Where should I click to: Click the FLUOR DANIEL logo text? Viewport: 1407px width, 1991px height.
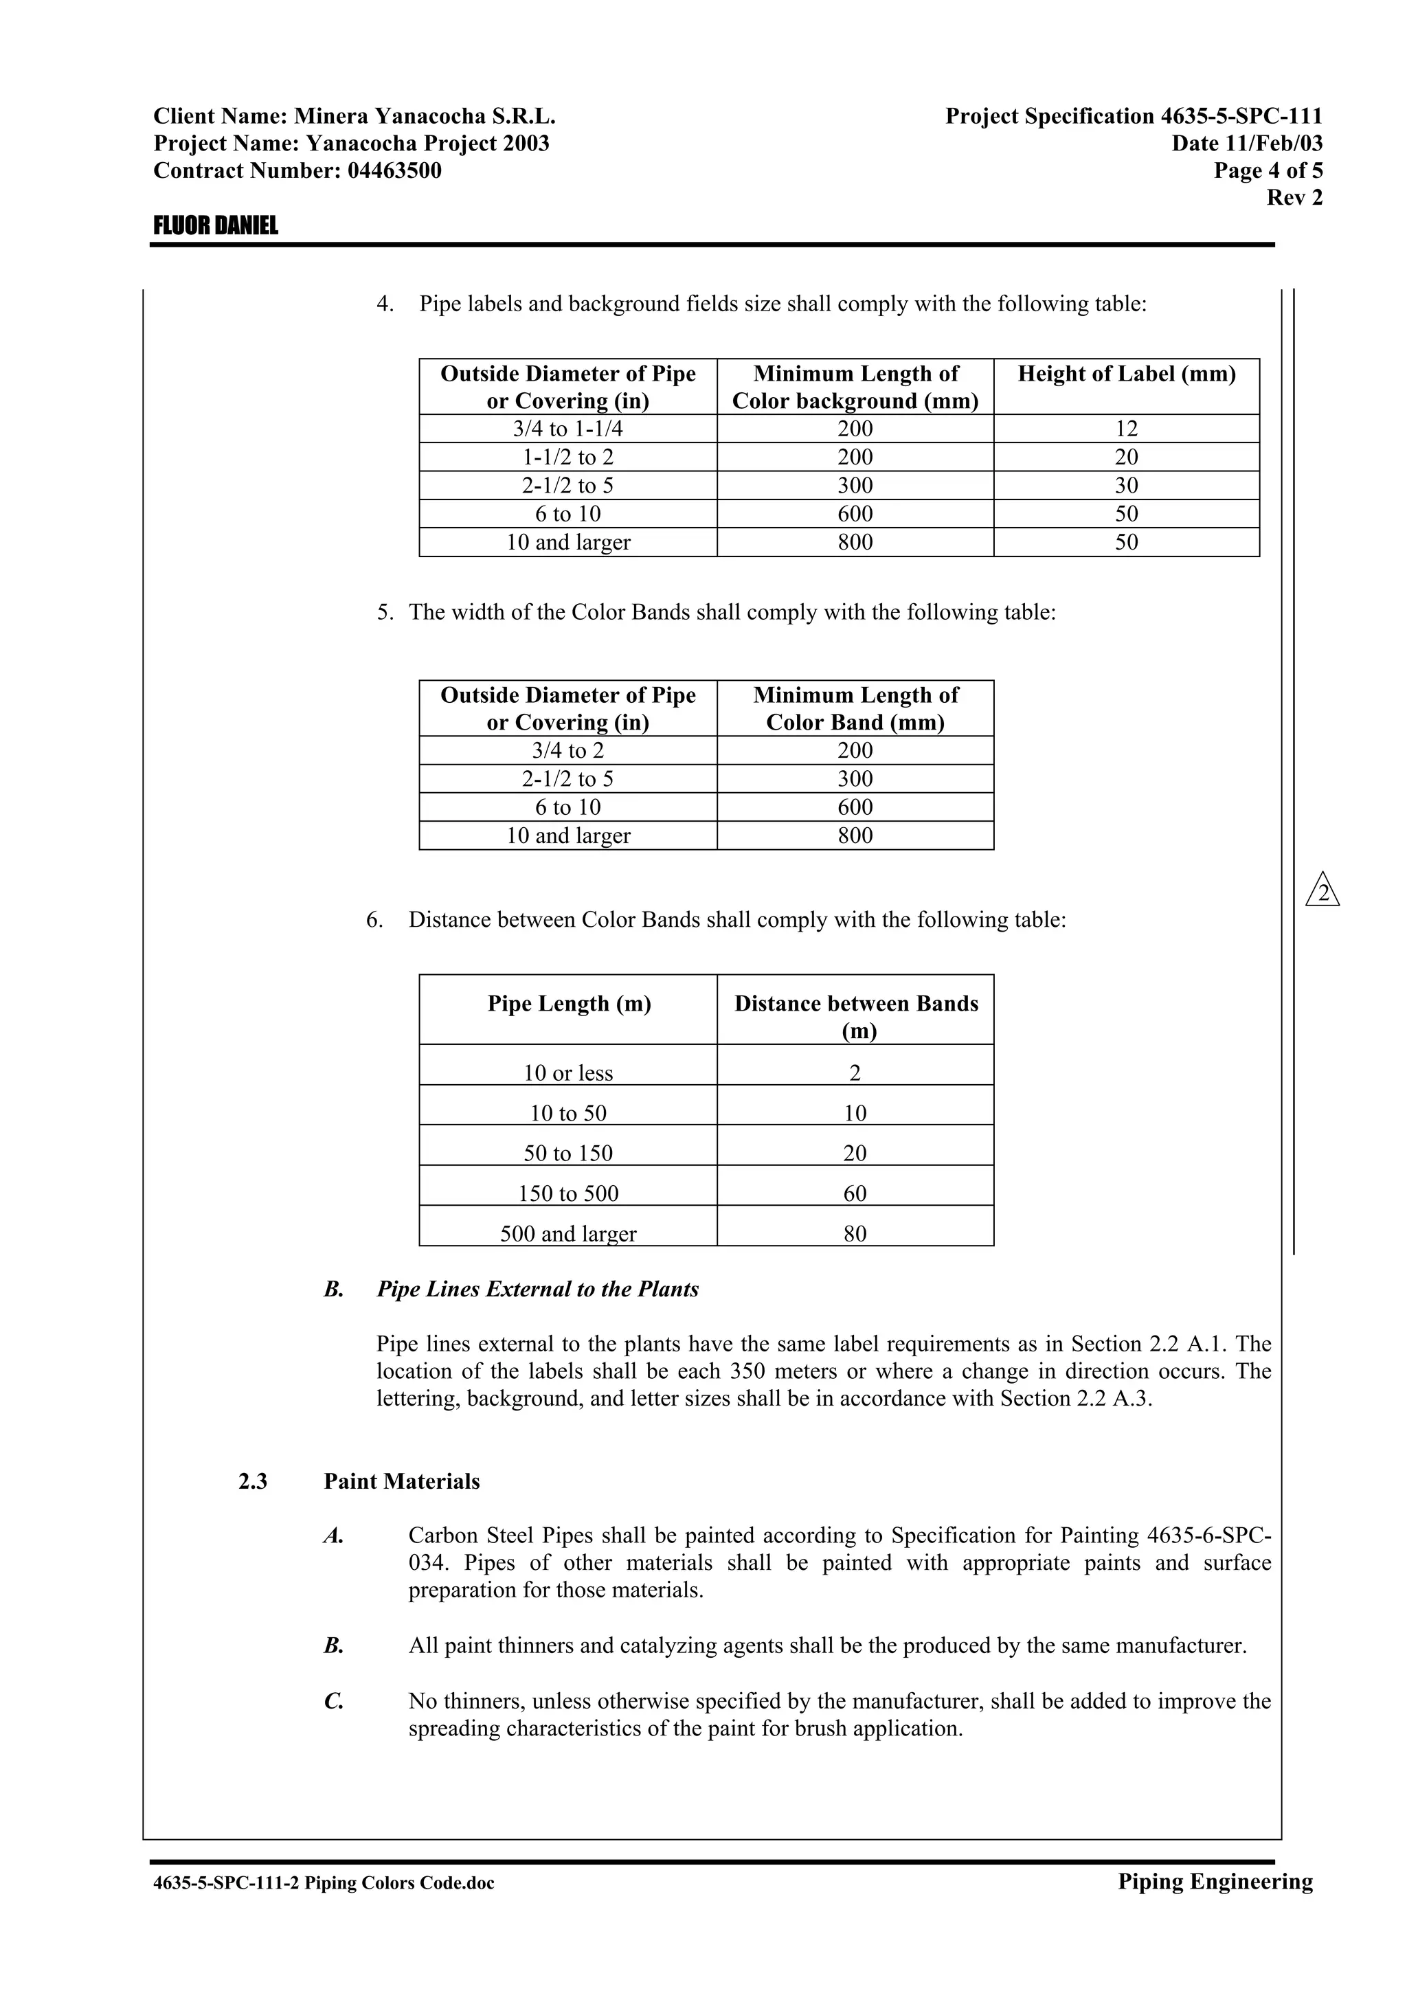216,226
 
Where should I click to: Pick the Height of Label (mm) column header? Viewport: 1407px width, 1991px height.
1126,374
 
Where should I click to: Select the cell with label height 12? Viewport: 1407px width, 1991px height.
1126,429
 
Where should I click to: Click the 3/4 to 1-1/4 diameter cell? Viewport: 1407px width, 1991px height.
568,429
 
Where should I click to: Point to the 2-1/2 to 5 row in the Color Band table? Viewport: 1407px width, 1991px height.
568,778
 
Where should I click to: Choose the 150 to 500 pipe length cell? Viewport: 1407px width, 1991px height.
568,1193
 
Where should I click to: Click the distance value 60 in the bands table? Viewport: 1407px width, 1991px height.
855,1193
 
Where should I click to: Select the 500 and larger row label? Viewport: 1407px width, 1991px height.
568,1233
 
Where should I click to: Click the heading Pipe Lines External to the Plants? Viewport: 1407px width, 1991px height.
537,1290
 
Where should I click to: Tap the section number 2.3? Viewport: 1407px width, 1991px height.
253,1481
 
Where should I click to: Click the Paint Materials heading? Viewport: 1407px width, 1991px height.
401,1481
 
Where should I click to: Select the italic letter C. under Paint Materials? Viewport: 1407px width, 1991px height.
334,1701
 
